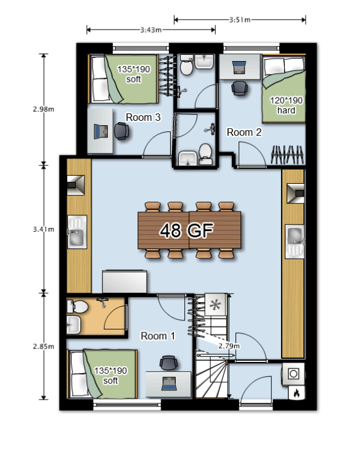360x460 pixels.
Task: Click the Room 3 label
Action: click(x=143, y=117)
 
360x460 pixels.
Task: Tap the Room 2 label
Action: click(x=244, y=133)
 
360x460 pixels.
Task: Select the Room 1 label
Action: click(x=158, y=336)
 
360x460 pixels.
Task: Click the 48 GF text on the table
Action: click(x=187, y=230)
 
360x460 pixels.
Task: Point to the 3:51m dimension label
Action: click(x=240, y=20)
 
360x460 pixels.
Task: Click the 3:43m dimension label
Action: click(x=151, y=30)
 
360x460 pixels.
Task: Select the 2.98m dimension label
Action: click(x=43, y=109)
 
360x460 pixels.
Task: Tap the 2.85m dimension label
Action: click(x=43, y=347)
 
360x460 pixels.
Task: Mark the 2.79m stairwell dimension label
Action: click(x=229, y=346)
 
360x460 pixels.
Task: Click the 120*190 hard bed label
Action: click(x=286, y=105)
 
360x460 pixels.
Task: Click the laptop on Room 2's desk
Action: click(x=239, y=67)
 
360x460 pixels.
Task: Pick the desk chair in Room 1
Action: click(x=168, y=363)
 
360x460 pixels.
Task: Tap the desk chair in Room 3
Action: click(x=121, y=131)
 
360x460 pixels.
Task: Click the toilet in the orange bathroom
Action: click(x=77, y=307)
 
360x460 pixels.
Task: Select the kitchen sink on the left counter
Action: click(x=77, y=232)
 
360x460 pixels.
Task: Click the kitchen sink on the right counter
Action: click(x=295, y=242)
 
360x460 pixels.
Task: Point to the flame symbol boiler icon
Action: click(x=296, y=393)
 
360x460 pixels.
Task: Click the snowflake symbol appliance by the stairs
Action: click(x=215, y=305)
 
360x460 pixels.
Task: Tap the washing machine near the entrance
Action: click(x=293, y=374)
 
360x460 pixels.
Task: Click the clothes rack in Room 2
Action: click(x=287, y=154)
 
